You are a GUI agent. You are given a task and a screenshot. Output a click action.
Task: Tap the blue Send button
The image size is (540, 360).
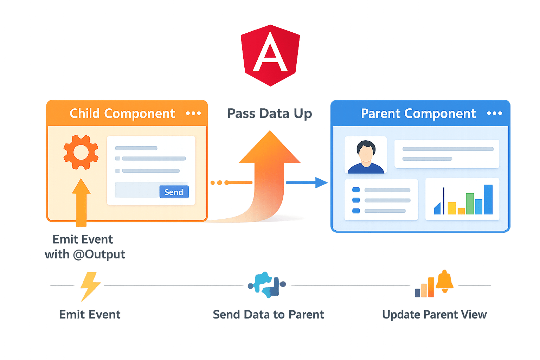[174, 192]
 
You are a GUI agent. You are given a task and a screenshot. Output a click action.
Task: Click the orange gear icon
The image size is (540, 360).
[81, 152]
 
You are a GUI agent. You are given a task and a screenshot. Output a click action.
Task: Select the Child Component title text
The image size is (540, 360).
[122, 114]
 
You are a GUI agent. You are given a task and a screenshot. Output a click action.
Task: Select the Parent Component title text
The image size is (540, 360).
[418, 114]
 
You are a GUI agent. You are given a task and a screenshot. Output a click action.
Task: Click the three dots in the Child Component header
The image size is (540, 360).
[193, 113]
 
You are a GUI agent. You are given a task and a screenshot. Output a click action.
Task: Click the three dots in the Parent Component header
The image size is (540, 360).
[494, 113]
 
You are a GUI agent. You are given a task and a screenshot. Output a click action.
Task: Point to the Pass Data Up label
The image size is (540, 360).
[269, 114]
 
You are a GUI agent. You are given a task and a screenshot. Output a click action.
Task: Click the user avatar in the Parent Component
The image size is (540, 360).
[366, 155]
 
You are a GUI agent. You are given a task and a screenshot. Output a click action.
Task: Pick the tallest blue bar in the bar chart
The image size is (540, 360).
[488, 199]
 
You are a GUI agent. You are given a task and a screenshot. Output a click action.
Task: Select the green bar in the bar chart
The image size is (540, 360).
[470, 204]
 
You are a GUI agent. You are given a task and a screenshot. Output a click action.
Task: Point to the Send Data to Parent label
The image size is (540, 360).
[269, 314]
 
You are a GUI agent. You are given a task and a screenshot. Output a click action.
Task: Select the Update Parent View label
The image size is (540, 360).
[434, 314]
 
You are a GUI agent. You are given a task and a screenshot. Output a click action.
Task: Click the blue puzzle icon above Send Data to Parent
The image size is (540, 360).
[267, 285]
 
